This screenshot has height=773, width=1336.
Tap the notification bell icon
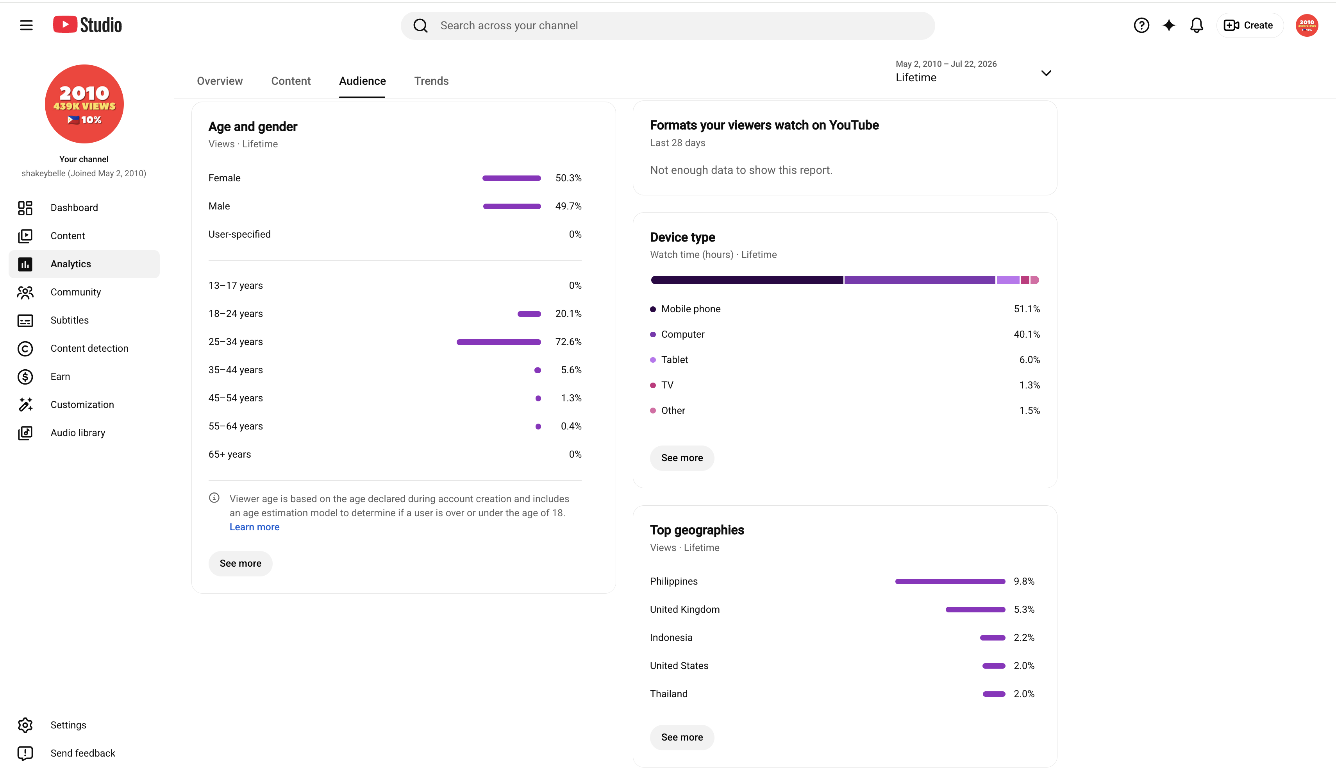coord(1196,25)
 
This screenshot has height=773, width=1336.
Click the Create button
coord(1248,25)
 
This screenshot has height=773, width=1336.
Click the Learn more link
coord(254,527)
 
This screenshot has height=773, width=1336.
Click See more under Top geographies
coord(682,737)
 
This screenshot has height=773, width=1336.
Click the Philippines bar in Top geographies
coord(950,582)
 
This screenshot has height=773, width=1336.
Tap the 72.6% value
coord(568,342)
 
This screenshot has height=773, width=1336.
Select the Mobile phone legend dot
coord(653,309)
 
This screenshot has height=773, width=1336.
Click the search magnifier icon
coord(420,25)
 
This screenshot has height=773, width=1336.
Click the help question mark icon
coord(1141,25)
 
